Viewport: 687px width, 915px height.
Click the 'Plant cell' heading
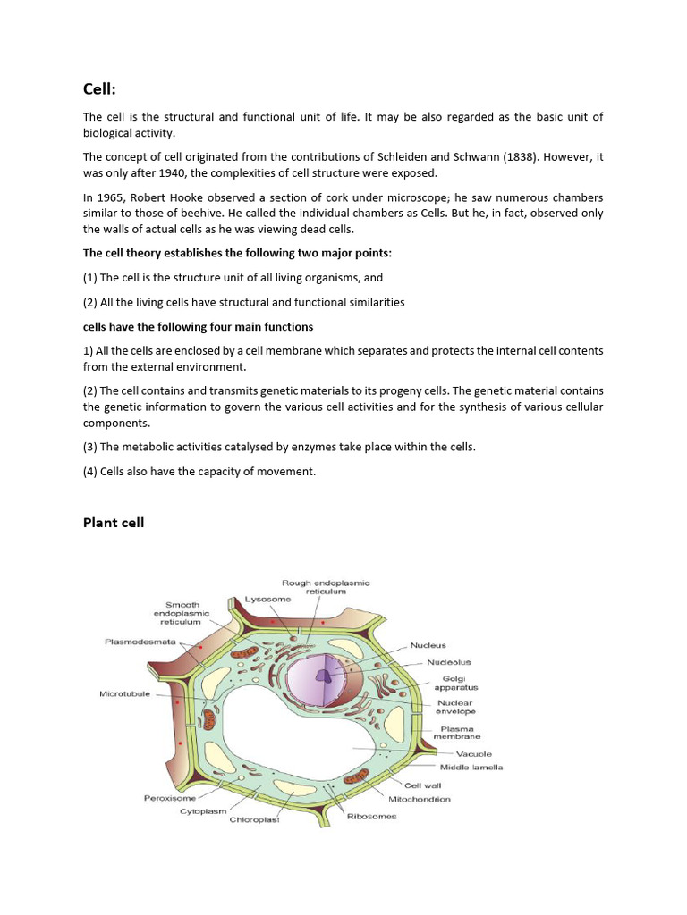pos(114,523)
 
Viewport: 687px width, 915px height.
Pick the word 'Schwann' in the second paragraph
pos(471,157)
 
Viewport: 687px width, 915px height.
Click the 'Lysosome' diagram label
pos(268,599)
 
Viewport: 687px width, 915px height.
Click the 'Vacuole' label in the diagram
pos(462,753)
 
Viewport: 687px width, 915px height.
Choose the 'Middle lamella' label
pos(471,767)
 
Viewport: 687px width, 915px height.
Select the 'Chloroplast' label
pos(255,820)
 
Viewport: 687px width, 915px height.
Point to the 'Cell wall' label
pos(420,785)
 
